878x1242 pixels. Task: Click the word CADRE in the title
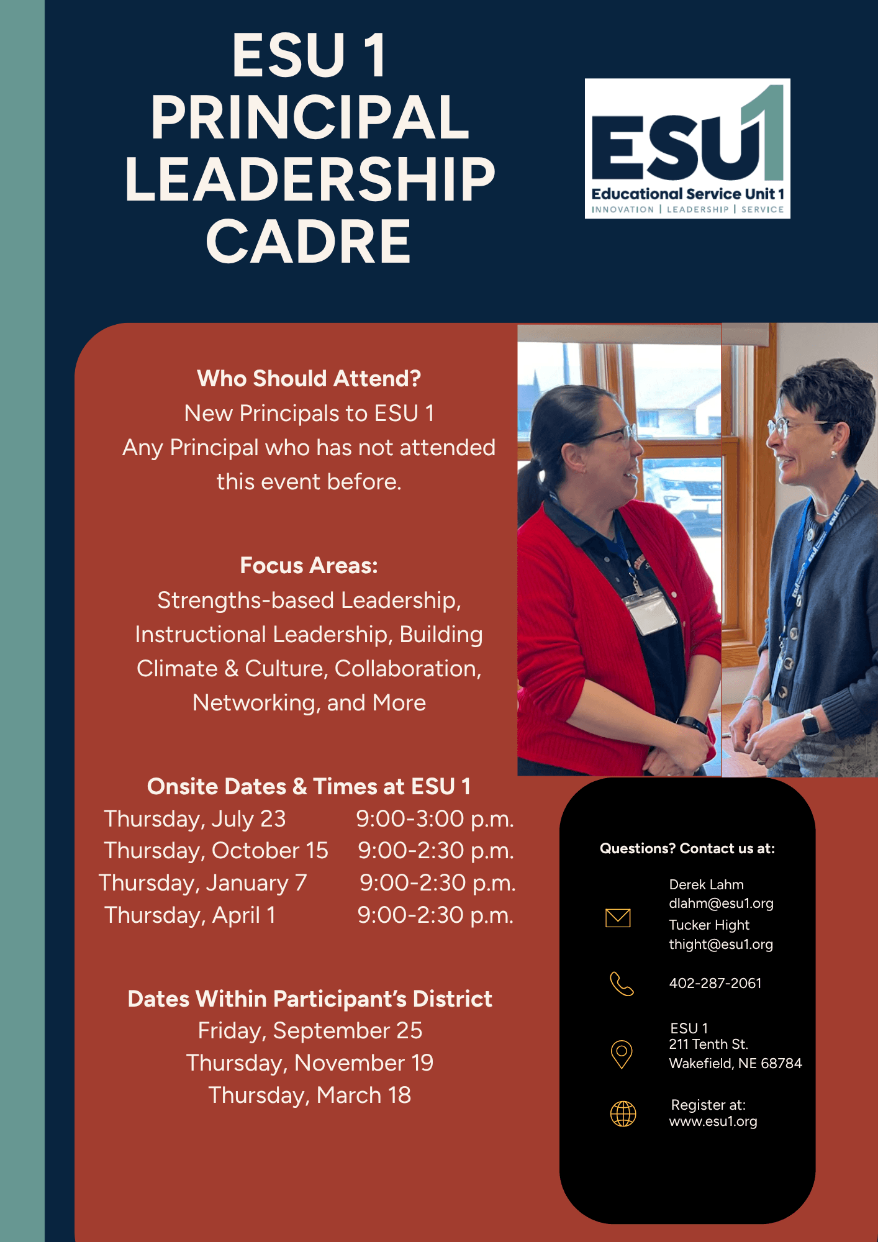tap(309, 242)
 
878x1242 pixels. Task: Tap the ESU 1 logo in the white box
tap(687, 148)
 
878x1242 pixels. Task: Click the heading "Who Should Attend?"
tap(309, 378)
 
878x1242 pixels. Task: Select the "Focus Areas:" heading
tap(309, 566)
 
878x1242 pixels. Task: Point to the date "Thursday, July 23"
tap(194, 819)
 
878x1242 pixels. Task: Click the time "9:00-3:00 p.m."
tap(435, 819)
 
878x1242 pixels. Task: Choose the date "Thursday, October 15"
tap(215, 851)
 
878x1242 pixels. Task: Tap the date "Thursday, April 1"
tap(190, 915)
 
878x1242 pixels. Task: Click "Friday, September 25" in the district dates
tap(310, 1031)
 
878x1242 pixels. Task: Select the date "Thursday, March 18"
tap(309, 1095)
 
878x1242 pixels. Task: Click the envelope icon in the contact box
tap(618, 918)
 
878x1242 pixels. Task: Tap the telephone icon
tap(622, 984)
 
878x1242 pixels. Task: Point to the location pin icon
tap(622, 1054)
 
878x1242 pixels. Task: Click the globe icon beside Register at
tap(623, 1113)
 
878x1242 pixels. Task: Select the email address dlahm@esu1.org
tap(721, 904)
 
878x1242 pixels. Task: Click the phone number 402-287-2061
tap(715, 984)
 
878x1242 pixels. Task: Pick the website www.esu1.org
tap(713, 1122)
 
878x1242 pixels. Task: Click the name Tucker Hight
tap(709, 925)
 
